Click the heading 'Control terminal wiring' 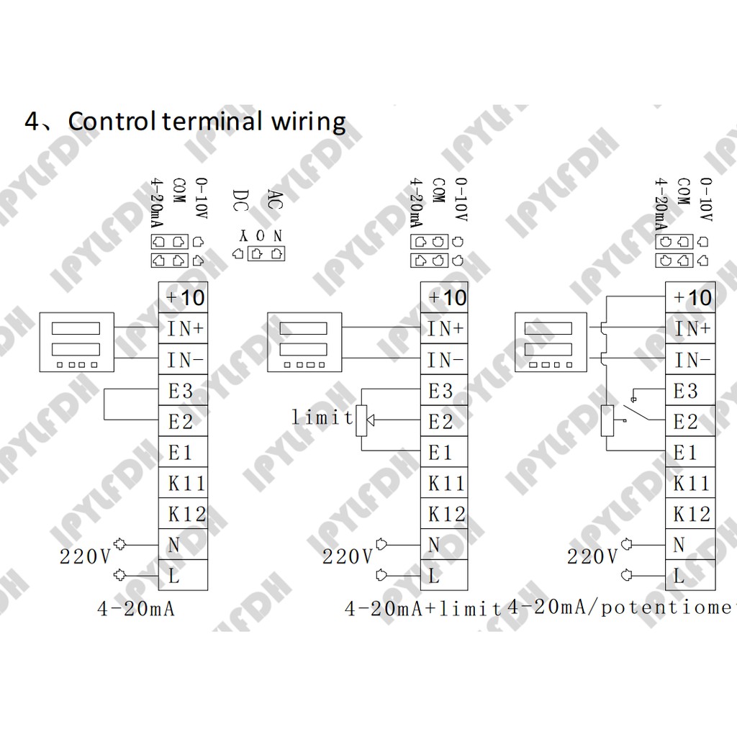(x=207, y=121)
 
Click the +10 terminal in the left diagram (x=184, y=297)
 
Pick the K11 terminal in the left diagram (x=184, y=483)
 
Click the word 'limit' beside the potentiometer (x=322, y=417)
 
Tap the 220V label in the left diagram (x=85, y=556)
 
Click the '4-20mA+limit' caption (x=423, y=609)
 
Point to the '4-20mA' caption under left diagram (x=137, y=609)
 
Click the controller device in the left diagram (x=76, y=342)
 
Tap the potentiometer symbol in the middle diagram (x=362, y=420)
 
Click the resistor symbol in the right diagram (x=606, y=421)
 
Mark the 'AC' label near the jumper (x=274, y=199)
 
